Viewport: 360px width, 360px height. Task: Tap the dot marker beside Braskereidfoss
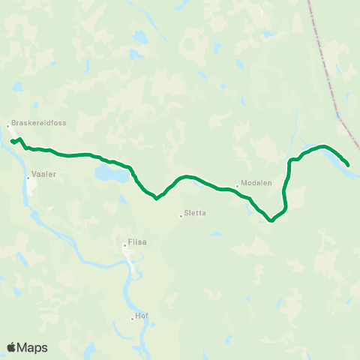pyautogui.click(x=8, y=126)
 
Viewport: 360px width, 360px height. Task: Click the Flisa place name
pyautogui.click(x=138, y=243)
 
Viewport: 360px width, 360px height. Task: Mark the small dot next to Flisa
pyautogui.click(x=125, y=244)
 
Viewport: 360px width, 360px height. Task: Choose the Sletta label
pyautogui.click(x=195, y=213)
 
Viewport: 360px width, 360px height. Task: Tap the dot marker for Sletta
pyautogui.click(x=181, y=217)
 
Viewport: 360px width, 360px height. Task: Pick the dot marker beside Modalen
pyautogui.click(x=236, y=187)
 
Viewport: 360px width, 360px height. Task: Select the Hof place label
pyautogui.click(x=142, y=316)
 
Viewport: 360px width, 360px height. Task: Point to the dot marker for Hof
pyautogui.click(x=133, y=319)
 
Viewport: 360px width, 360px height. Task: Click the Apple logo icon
pyautogui.click(x=12, y=347)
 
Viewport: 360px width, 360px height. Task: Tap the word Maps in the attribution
pyautogui.click(x=33, y=347)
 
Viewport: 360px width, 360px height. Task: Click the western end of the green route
pyautogui.click(x=12, y=141)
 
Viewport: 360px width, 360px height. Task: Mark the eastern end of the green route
pyautogui.click(x=348, y=164)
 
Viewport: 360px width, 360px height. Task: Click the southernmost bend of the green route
pyautogui.click(x=271, y=221)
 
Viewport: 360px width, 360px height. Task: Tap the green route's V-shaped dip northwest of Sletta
pyautogui.click(x=156, y=199)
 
